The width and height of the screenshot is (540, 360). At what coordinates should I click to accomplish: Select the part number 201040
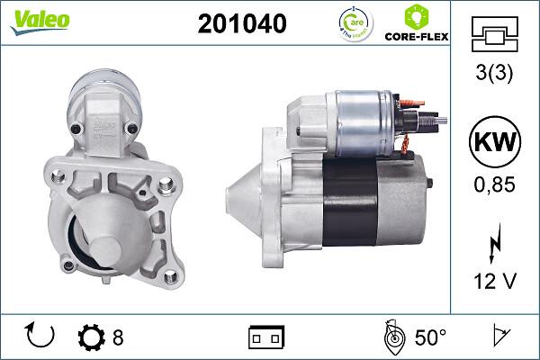pos(242,25)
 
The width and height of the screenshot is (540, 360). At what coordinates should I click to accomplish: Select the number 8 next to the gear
pos(118,338)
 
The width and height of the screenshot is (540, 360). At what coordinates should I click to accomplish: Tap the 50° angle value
pos(430,338)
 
